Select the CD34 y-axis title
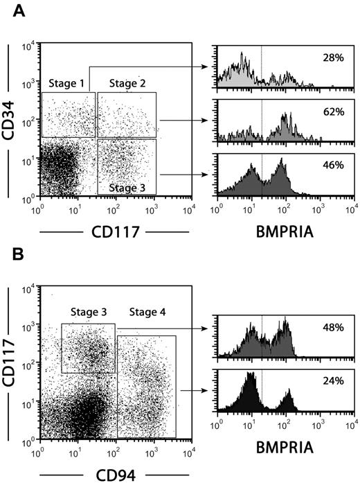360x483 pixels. (13, 118)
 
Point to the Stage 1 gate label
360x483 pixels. (68, 85)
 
